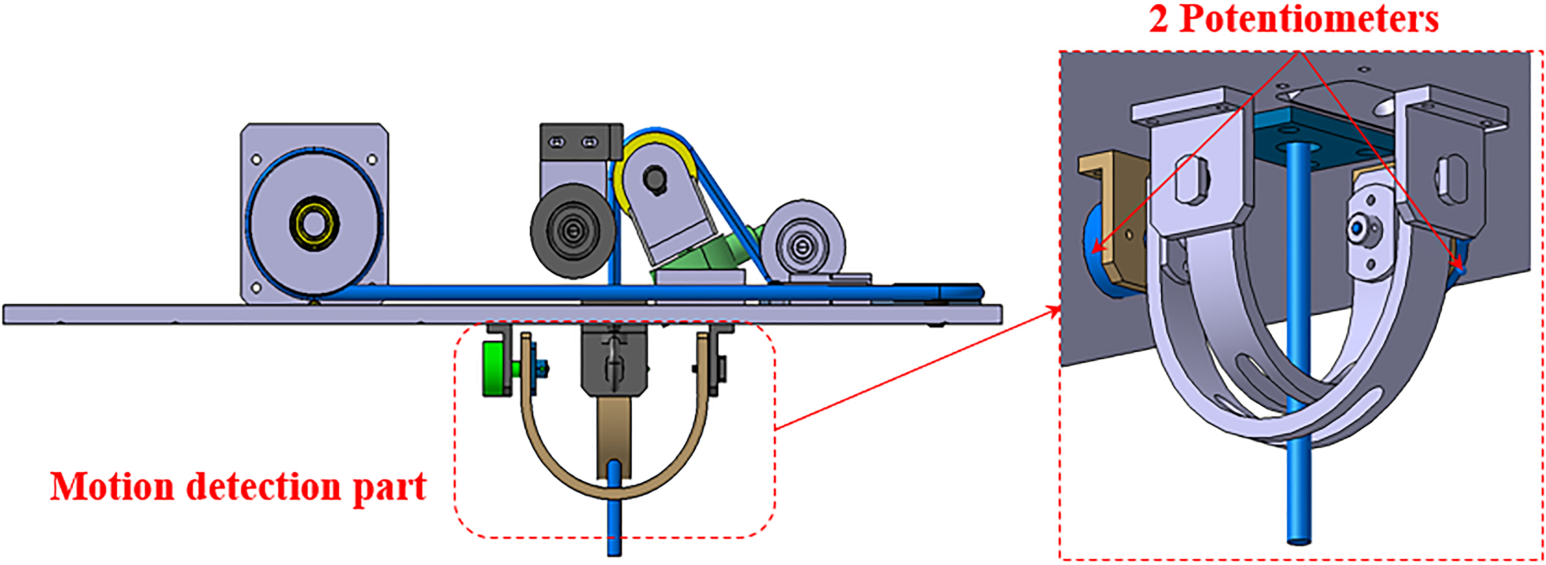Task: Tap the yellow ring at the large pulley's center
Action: (314, 224)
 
